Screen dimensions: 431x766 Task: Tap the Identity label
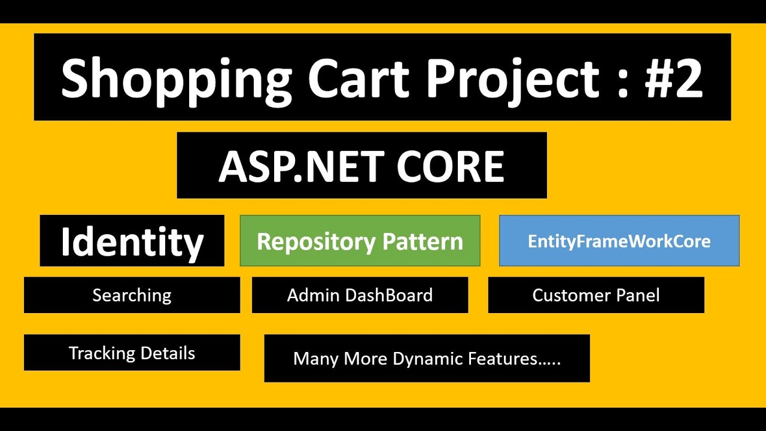click(x=132, y=241)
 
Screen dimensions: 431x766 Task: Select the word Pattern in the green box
click(x=423, y=241)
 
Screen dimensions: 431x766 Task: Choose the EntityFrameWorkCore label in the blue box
click(x=619, y=241)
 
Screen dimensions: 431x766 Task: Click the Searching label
click(x=132, y=295)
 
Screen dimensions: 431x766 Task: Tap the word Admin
click(x=314, y=295)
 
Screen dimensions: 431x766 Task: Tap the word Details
click(x=168, y=353)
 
